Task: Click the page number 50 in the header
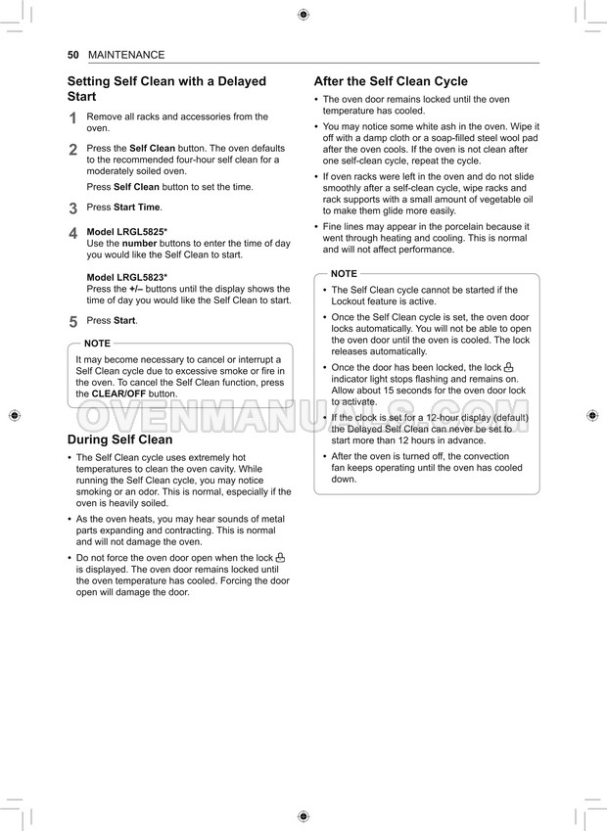point(72,55)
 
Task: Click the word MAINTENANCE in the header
point(126,55)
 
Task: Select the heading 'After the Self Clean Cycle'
point(391,81)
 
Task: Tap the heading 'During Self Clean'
point(119,439)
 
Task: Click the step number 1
point(72,119)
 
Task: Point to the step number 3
point(72,208)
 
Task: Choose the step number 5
point(72,321)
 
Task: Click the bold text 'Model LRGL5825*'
point(127,232)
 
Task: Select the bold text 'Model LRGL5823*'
point(127,278)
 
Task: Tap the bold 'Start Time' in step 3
point(137,208)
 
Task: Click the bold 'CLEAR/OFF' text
point(119,393)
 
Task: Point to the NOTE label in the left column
point(97,344)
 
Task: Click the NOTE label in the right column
point(344,274)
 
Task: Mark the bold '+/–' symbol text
point(136,290)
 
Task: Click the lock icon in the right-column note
point(508,367)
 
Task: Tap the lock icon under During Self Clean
point(280,557)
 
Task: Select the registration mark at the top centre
point(303,15)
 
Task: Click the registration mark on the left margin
point(14,416)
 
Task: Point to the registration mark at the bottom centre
point(303,815)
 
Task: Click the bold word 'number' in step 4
point(139,243)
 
